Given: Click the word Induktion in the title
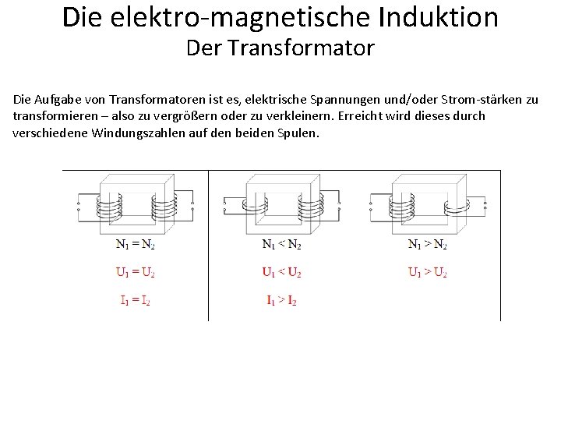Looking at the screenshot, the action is click(x=432, y=17).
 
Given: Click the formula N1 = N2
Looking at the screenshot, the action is click(x=135, y=244).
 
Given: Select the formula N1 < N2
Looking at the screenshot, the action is click(x=281, y=244).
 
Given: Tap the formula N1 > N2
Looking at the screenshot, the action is click(x=428, y=244).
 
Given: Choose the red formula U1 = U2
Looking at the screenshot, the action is click(x=135, y=273).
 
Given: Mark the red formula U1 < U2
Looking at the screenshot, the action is click(x=281, y=273).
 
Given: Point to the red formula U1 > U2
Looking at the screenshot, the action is click(x=428, y=273).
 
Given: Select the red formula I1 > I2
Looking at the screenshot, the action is click(x=281, y=300).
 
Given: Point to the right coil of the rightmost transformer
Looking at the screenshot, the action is click(x=455, y=207).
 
